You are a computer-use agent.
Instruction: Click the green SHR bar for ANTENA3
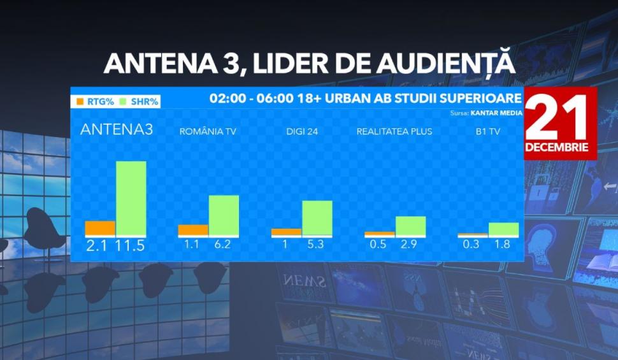[131, 198]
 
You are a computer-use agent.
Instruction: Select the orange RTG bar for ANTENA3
[100, 228]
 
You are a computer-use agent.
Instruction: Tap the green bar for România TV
[224, 215]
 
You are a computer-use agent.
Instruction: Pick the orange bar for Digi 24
[286, 232]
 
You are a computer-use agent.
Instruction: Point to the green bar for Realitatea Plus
[410, 226]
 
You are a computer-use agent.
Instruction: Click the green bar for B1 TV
[503, 229]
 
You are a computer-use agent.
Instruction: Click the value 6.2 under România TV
[224, 244]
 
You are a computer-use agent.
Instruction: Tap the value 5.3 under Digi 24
[317, 244]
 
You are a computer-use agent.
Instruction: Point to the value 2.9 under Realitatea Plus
[410, 244]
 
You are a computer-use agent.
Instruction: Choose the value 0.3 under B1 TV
[472, 244]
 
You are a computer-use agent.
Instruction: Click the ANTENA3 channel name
[117, 129]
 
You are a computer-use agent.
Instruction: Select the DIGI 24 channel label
[301, 132]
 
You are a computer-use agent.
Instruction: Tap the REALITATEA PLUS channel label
[394, 132]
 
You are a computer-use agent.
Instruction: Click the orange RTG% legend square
[80, 101]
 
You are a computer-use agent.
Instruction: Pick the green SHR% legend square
[125, 101]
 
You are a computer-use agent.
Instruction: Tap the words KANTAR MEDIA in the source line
[496, 113]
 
